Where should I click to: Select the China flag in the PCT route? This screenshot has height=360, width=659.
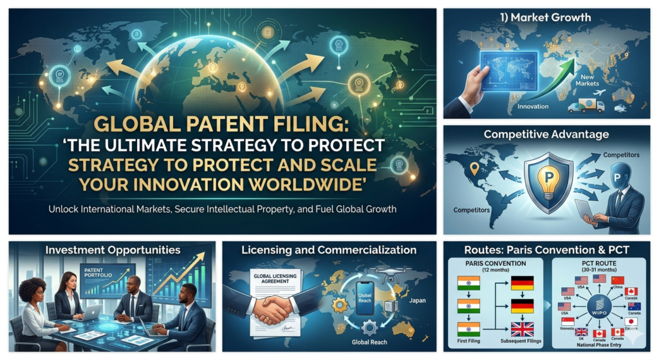(x=618, y=280)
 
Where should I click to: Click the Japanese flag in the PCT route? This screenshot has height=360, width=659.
(x=631, y=321)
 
